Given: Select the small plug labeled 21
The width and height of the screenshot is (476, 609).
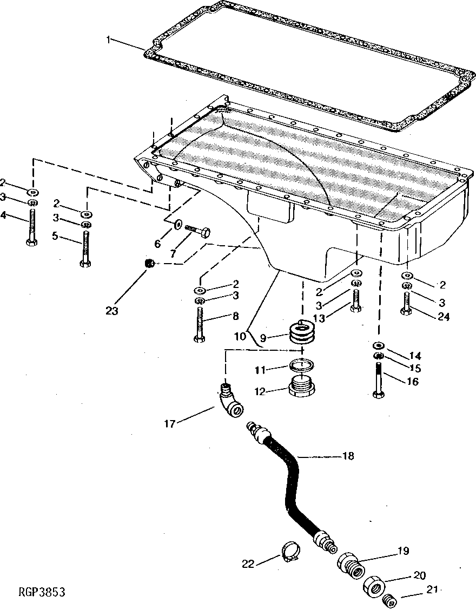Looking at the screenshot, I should [x=387, y=600].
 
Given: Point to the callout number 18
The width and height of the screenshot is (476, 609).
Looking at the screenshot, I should [x=348, y=456].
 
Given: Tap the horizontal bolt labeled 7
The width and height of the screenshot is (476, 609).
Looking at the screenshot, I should [x=197, y=231].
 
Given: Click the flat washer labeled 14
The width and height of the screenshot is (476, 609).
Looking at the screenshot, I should [x=379, y=345].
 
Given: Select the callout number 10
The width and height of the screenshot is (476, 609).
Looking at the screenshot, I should [x=240, y=335].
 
